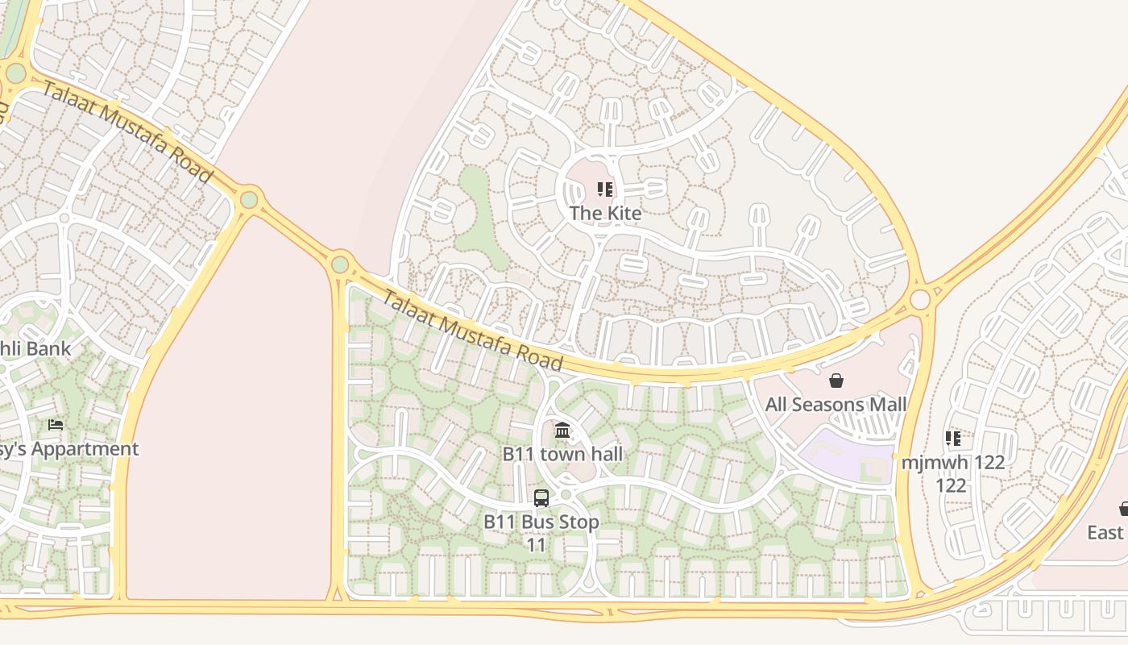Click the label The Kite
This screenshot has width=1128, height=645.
[x=605, y=214]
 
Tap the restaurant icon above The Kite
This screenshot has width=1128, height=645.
[x=605, y=189]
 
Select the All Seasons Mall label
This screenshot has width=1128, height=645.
[x=836, y=405]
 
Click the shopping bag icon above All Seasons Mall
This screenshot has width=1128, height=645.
[x=836, y=381]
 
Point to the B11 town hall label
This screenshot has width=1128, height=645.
[x=562, y=454]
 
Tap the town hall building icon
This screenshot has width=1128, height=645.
[x=562, y=431]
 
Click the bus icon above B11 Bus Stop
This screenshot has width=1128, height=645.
[x=541, y=498]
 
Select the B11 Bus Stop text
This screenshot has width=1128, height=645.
[x=541, y=522]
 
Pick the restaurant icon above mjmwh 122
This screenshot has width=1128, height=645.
[x=953, y=439]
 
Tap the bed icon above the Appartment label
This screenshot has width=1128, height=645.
[x=56, y=424]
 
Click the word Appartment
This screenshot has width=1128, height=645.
[x=85, y=449]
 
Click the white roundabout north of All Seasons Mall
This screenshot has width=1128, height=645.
[x=920, y=300]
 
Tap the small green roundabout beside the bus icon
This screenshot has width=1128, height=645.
[x=566, y=494]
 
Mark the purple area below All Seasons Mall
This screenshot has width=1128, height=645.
[x=850, y=455]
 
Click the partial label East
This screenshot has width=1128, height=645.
[x=1105, y=533]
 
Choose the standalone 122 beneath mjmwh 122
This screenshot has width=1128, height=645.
[x=951, y=486]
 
